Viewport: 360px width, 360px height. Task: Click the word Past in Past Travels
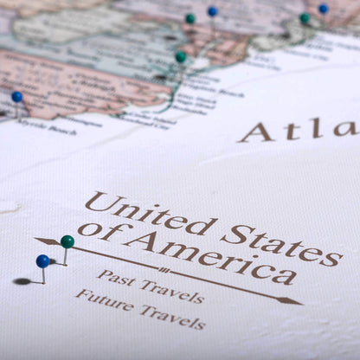click(116, 278)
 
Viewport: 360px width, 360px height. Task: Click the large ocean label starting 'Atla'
click(299, 130)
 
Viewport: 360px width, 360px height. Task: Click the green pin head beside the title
click(67, 241)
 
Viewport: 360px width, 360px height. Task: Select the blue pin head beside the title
click(42, 260)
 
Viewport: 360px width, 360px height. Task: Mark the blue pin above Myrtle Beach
click(17, 97)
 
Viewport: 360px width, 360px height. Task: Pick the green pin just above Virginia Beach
click(181, 57)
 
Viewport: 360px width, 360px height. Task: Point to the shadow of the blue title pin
click(23, 281)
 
